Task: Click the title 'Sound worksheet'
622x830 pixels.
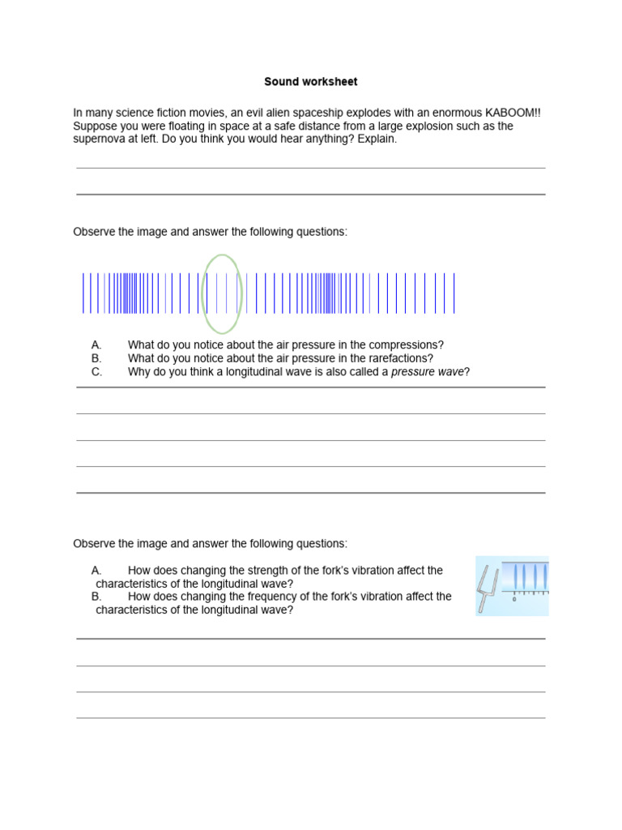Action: [310, 82]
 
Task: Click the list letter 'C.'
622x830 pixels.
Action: [97, 372]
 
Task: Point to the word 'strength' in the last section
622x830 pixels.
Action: [255, 571]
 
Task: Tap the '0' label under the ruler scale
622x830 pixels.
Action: [514, 600]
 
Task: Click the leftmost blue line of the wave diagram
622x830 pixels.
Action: [83, 293]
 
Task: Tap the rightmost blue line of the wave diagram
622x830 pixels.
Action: [454, 293]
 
